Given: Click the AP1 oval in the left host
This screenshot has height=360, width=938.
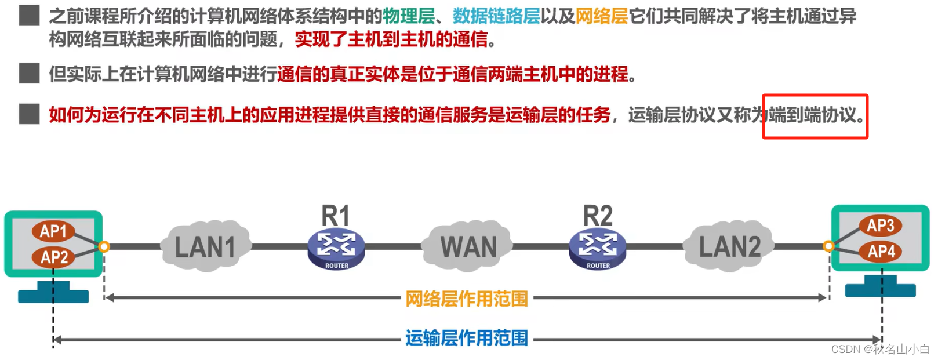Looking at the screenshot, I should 53,231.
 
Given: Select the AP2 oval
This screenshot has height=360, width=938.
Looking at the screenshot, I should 54,257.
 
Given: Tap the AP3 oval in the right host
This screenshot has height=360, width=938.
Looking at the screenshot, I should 880,226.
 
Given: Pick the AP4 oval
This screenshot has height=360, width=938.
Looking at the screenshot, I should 881,252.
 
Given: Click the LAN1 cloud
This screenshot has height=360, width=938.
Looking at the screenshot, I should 205,246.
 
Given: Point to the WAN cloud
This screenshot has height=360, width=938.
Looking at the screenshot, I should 468,246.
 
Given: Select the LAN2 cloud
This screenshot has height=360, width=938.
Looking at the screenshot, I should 729,246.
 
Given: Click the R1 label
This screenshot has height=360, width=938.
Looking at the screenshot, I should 336,216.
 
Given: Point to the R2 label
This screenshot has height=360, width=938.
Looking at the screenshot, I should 598,216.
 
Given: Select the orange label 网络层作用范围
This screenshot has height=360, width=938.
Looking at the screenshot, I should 467,299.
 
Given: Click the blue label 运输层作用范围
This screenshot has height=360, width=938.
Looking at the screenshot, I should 467,338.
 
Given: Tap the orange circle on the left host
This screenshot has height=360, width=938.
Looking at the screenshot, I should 104,247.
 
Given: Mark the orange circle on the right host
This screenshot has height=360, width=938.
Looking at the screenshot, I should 829,246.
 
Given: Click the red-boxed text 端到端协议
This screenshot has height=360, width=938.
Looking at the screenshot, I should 815,115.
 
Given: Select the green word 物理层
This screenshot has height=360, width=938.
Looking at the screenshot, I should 409,16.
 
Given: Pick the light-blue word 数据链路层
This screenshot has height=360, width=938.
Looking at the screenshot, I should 496,16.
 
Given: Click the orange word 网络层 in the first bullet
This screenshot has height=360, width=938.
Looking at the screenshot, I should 602,16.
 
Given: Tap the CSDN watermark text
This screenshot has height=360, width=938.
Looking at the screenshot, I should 880,349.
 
